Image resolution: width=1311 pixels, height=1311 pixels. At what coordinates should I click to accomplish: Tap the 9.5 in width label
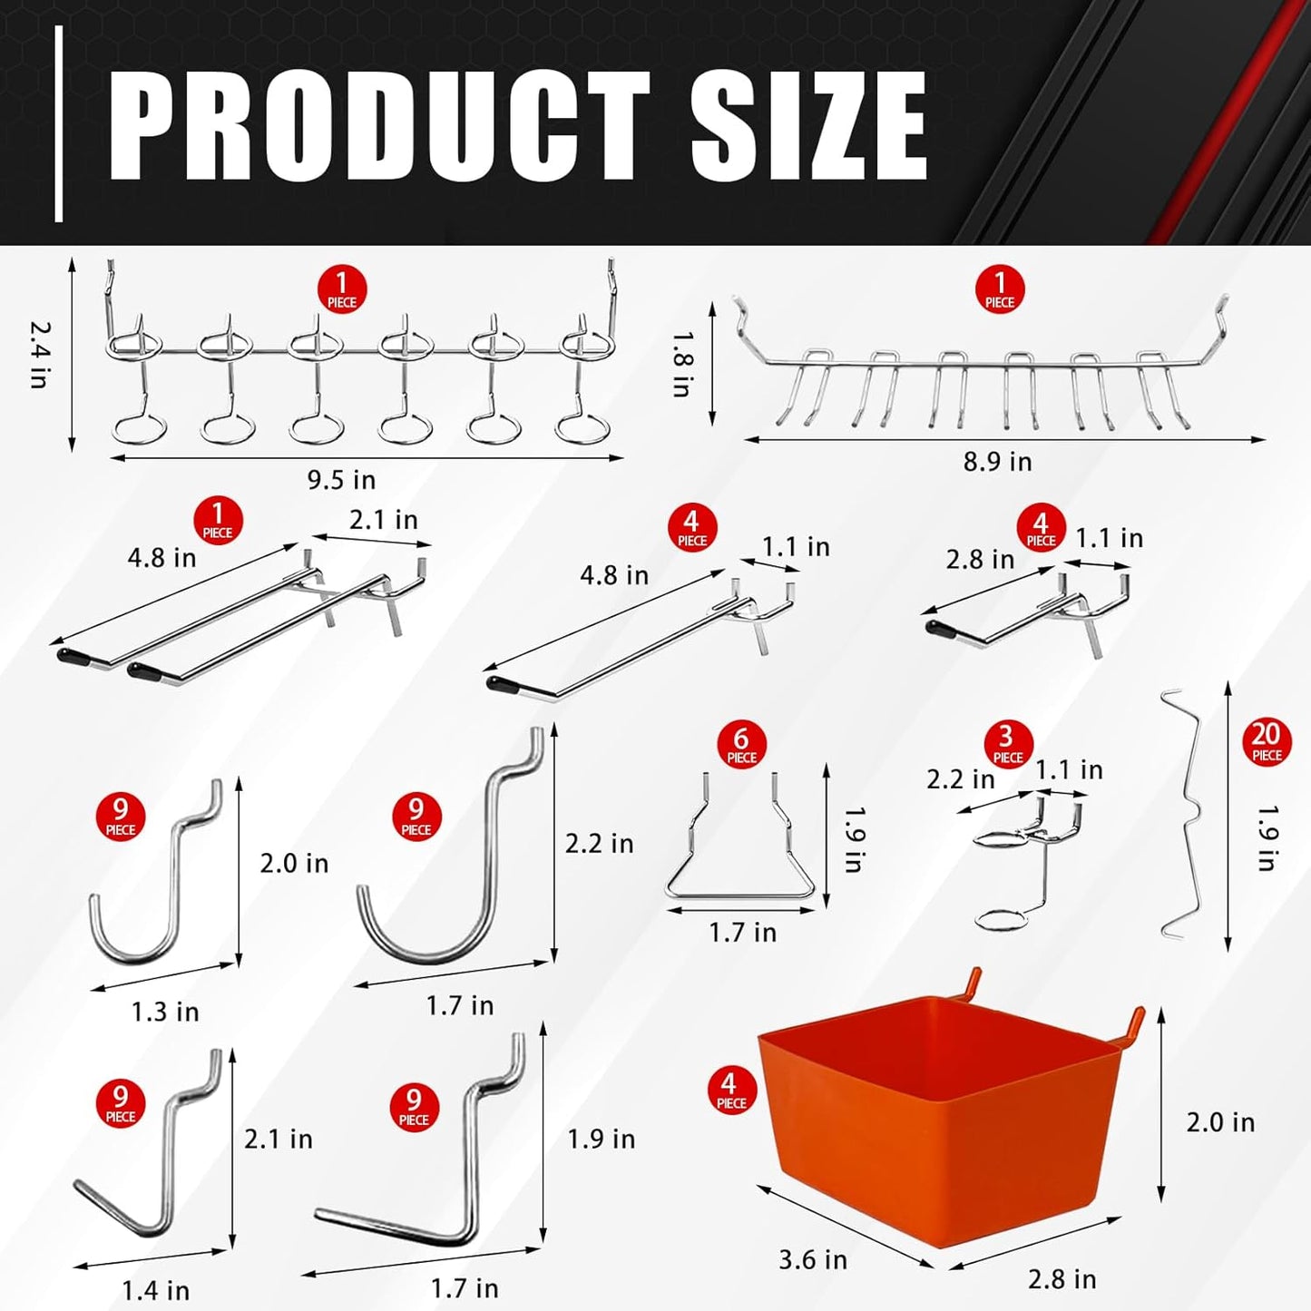tap(341, 479)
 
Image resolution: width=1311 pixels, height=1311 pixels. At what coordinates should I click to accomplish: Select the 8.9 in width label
tap(997, 462)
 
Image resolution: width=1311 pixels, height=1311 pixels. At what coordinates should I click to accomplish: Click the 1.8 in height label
tap(683, 363)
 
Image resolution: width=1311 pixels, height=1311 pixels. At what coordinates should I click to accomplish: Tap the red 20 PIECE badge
tap(1267, 742)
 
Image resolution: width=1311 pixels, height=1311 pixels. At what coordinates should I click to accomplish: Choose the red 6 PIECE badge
tap(741, 745)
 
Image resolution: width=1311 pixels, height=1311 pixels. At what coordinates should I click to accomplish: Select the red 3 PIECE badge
tap(1007, 745)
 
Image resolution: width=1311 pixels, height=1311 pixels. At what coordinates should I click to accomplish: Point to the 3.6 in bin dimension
tap(813, 1259)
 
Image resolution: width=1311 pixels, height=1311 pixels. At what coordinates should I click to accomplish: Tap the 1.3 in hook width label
tap(165, 1012)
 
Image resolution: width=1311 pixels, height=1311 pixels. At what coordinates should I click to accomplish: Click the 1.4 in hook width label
tap(156, 1289)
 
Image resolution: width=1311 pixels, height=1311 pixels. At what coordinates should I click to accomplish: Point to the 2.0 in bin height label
tap(1220, 1122)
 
